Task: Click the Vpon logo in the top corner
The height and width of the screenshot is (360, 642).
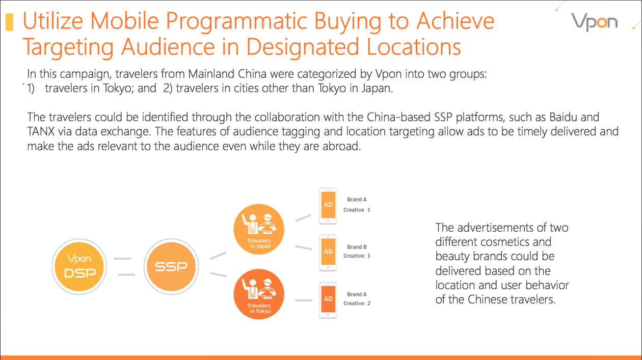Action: click(594, 22)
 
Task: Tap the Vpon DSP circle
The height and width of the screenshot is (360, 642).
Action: click(79, 267)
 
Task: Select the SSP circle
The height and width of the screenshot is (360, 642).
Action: click(171, 267)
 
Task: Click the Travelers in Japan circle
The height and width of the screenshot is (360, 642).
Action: click(259, 229)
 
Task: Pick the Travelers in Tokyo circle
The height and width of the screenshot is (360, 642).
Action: click(259, 294)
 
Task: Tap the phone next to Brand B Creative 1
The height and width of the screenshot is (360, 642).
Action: click(328, 253)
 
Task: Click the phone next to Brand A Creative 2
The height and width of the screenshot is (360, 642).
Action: click(328, 300)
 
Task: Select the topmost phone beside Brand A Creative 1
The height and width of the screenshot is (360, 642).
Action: click(328, 206)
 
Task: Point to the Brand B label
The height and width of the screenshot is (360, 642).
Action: click(357, 247)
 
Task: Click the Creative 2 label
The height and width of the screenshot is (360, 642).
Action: click(357, 303)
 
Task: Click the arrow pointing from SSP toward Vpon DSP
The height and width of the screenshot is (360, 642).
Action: click(122, 259)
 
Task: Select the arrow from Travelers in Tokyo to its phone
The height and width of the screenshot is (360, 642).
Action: click(304, 300)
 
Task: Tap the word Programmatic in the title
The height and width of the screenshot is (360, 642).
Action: click(237, 21)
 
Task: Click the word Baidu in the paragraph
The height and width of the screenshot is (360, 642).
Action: click(563, 117)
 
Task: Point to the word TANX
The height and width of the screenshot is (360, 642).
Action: click(41, 132)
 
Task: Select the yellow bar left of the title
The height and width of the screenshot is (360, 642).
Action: click(10, 22)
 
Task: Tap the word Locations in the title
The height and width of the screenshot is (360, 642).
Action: click(414, 46)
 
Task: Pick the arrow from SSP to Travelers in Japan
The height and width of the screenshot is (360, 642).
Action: click(219, 255)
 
